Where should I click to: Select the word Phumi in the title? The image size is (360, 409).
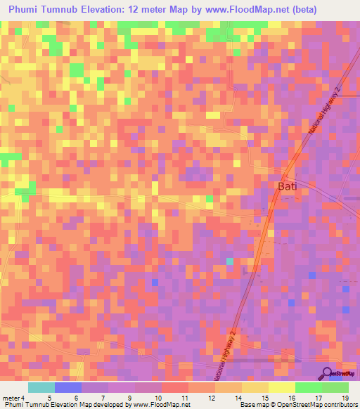pyautogui.click(x=25, y=10)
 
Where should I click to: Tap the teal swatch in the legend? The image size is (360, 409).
pyautogui.click(x=41, y=387)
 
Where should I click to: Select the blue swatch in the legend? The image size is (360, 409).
pyautogui.click(x=68, y=387)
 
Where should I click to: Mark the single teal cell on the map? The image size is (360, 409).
pyautogui.click(x=229, y=261)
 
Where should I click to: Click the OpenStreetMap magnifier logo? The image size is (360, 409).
pyautogui.click(x=327, y=373)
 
